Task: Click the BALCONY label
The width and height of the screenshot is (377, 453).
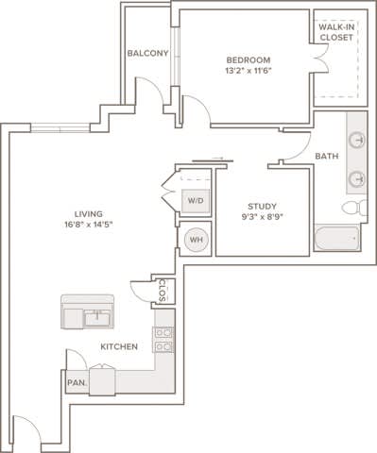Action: pos(147,54)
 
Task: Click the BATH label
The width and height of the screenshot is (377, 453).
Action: pos(327,156)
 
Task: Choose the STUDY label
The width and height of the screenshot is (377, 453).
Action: pos(262,206)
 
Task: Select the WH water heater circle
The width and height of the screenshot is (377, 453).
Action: pos(197,240)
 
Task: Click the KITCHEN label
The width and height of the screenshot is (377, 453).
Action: pos(119,347)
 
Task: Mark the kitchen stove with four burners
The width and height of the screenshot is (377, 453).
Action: pos(163,340)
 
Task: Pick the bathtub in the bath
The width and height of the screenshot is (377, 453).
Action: pos(336,238)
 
